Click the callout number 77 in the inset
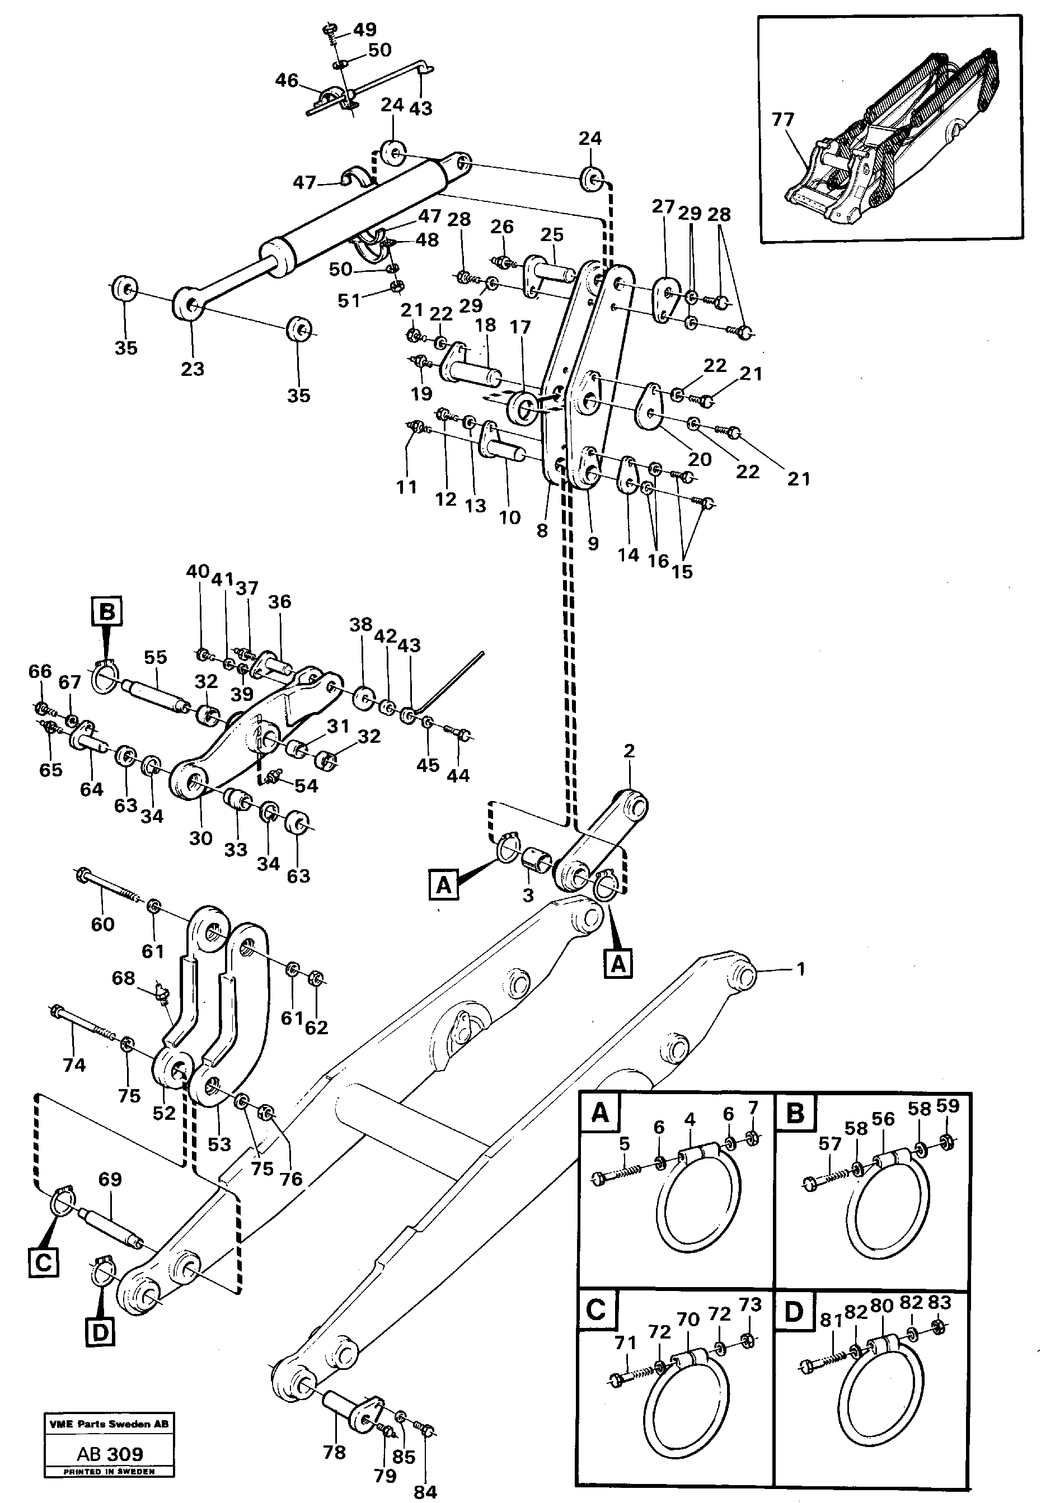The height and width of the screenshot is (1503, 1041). click(782, 120)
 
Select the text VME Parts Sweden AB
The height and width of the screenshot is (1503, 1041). click(109, 1424)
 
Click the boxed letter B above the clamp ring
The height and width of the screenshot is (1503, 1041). click(107, 612)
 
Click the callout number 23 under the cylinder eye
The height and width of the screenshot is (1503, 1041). click(193, 369)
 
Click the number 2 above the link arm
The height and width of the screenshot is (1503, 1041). click(628, 751)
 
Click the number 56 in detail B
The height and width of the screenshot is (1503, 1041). click(883, 1119)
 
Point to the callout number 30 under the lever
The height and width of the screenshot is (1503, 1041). click(201, 838)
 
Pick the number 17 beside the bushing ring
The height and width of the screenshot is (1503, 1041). click(520, 327)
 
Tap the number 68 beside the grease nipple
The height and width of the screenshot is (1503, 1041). click(123, 978)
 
